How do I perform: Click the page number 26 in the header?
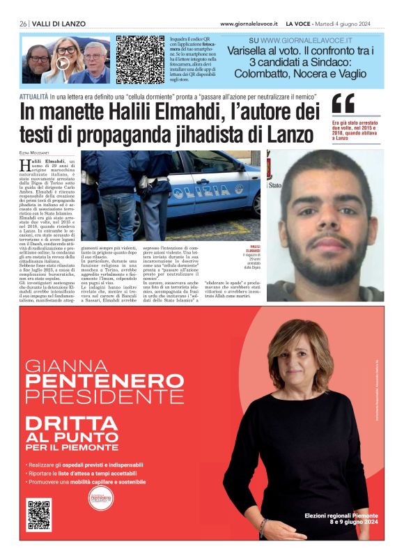[x=23, y=24]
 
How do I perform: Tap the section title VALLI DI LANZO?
[x=59, y=24]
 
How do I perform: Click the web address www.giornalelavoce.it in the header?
[x=249, y=24]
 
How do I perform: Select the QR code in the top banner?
[x=139, y=60]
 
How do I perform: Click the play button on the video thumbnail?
[x=63, y=63]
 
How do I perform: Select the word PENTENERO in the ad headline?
[x=95, y=382]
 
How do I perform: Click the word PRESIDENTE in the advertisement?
[x=95, y=397]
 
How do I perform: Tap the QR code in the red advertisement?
[x=39, y=513]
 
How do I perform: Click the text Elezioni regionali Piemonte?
[x=341, y=515]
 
